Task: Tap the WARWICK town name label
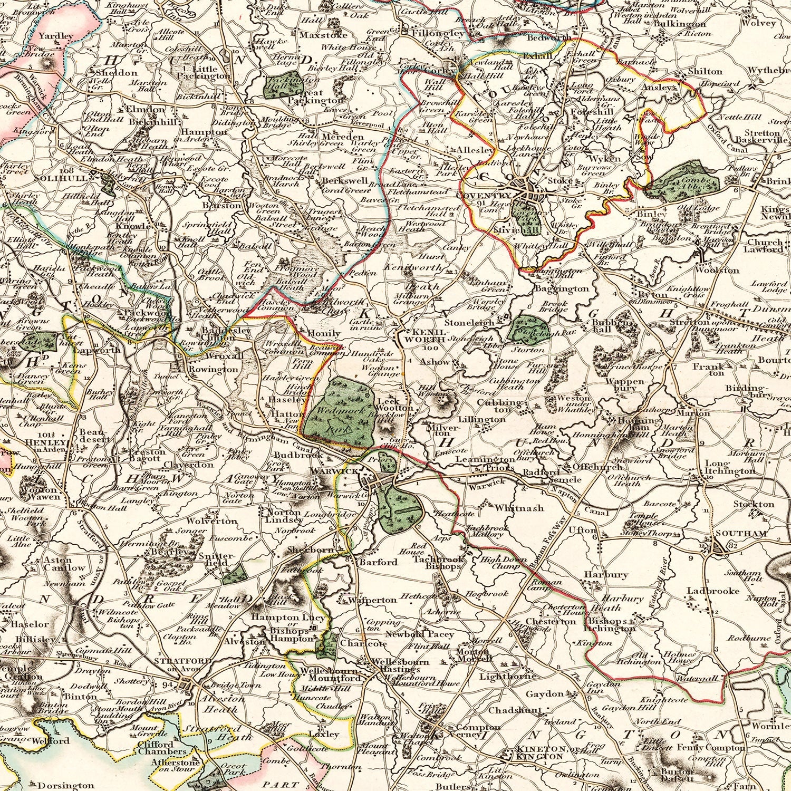pos(327,470)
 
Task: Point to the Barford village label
pos(378,562)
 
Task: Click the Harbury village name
pos(599,574)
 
